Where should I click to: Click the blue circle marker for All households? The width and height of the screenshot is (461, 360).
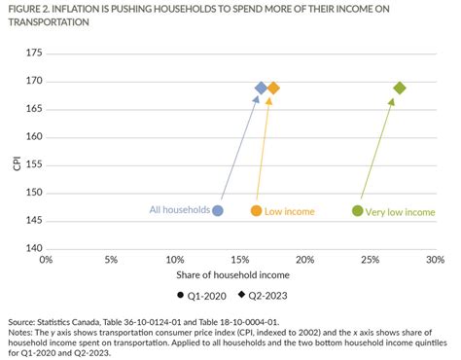[x=218, y=210]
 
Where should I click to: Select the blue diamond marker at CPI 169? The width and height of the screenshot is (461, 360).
[x=261, y=89]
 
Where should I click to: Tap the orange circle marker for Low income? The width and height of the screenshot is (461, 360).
[x=257, y=210]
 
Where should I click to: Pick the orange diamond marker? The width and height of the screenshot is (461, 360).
[x=273, y=89]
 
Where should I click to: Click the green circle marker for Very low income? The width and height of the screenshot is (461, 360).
[x=357, y=210]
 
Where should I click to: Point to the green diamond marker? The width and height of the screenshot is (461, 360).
[x=399, y=89]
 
